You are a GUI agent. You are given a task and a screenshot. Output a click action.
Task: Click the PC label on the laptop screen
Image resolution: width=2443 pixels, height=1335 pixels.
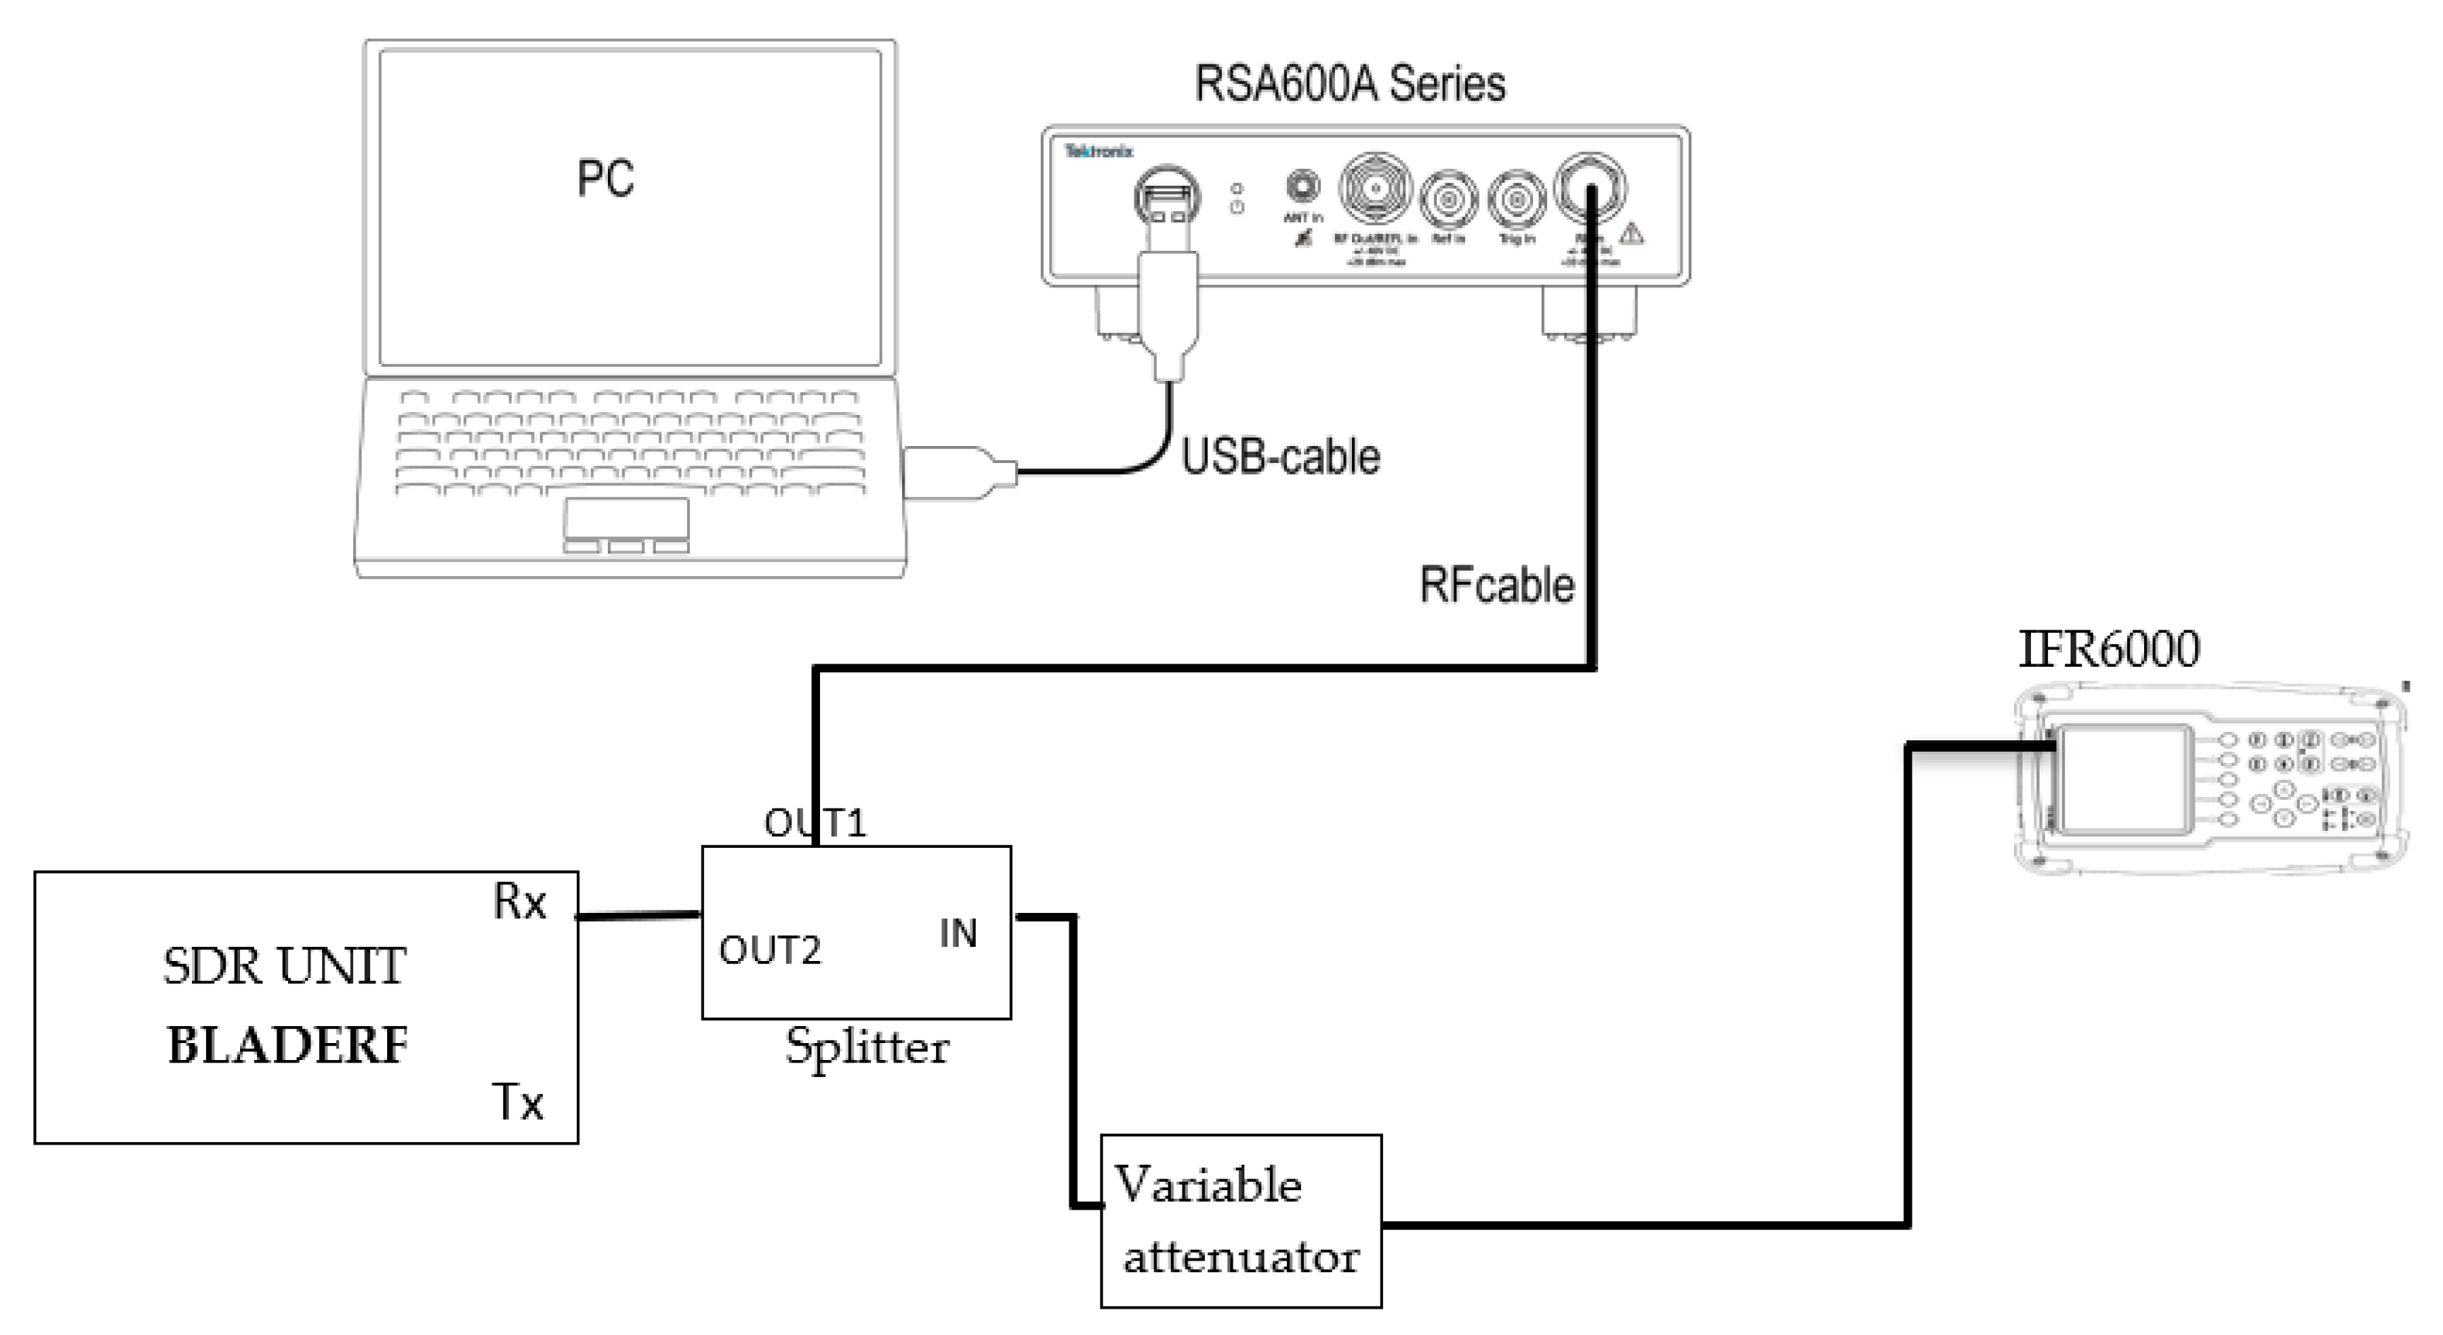point(605,178)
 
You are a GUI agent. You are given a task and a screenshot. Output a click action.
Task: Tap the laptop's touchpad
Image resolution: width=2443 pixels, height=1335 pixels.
point(626,519)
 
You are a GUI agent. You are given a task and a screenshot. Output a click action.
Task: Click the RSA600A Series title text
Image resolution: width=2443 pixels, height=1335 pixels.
point(1349,84)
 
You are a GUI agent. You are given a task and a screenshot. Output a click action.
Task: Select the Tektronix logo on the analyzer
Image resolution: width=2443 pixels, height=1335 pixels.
point(1097,151)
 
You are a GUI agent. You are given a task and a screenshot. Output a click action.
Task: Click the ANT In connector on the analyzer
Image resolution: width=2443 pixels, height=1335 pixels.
point(1302,186)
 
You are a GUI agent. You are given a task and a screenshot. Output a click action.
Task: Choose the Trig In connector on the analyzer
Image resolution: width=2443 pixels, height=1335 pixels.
point(1515,199)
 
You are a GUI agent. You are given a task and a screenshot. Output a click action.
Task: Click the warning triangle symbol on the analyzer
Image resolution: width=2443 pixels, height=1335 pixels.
point(1632,233)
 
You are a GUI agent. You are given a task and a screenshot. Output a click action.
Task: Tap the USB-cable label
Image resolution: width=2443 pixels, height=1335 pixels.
point(1279,457)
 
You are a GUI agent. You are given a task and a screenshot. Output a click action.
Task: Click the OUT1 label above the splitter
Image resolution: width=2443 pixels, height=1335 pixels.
point(815,823)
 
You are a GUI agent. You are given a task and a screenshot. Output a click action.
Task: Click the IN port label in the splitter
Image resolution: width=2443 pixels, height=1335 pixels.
point(958,934)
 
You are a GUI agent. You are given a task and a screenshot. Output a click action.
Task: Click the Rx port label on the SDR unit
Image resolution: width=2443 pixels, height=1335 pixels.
point(520,901)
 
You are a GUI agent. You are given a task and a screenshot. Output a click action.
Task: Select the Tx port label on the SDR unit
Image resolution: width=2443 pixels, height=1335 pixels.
point(518,1103)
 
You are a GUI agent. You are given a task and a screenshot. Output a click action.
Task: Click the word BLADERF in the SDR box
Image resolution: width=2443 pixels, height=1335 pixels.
point(287,1046)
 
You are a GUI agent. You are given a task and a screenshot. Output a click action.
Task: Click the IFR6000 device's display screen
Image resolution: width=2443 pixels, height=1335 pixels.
point(2124,779)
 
